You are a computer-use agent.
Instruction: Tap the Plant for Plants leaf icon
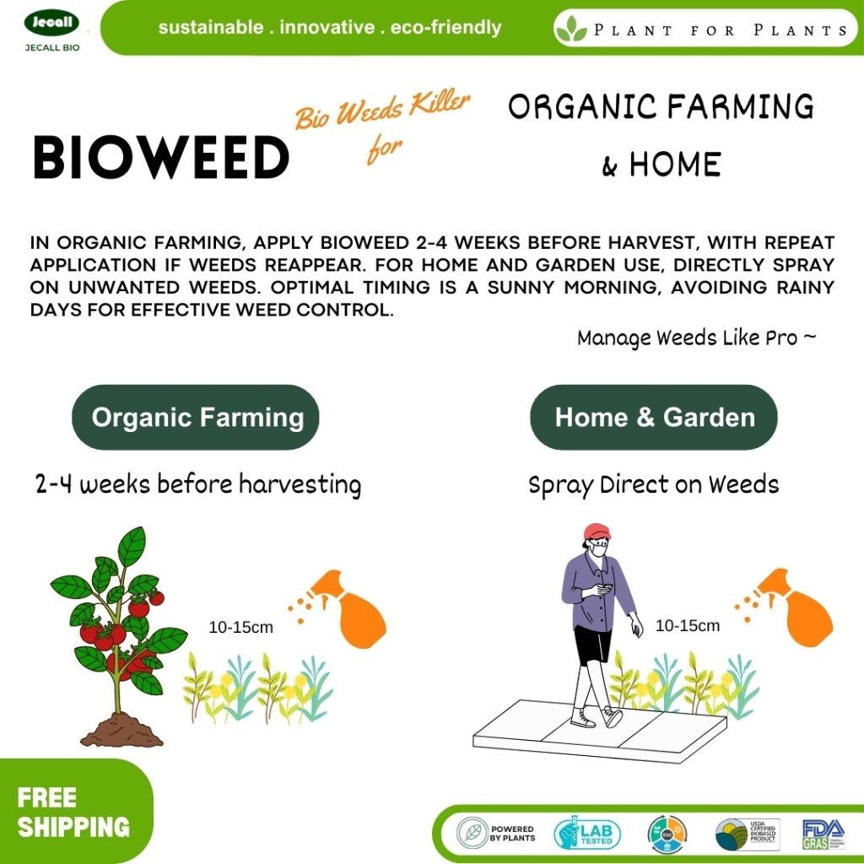point(571,29)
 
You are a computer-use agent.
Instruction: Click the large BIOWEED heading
point(160,158)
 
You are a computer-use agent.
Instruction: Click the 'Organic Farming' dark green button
point(196,418)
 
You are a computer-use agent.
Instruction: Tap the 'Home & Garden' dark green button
point(654,418)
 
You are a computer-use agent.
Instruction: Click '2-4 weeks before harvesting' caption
point(198,485)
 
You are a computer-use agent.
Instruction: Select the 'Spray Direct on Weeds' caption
point(654,485)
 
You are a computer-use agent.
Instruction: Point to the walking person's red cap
point(597,532)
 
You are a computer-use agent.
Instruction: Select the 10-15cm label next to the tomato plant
point(241,628)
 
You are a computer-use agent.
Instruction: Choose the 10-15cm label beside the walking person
point(688,626)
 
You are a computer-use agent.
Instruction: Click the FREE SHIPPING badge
point(73,812)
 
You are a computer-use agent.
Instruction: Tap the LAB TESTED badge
point(587,834)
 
